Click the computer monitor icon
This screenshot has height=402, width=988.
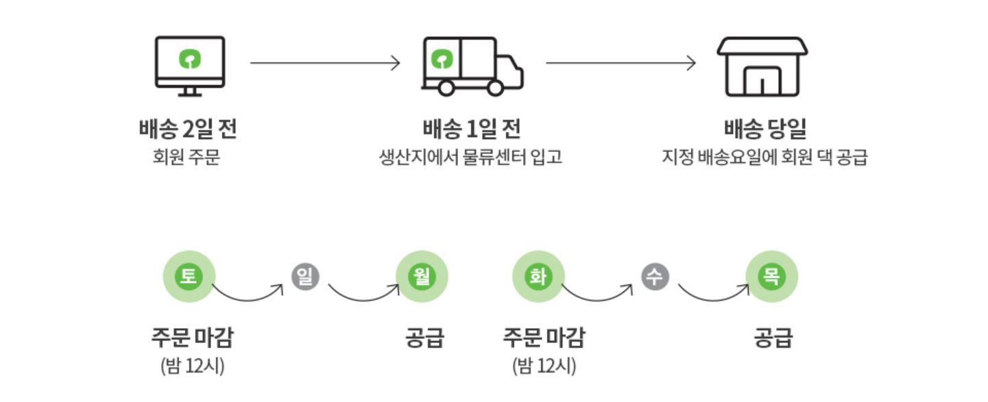pyautogui.click(x=189, y=65)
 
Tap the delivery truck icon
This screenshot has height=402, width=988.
pyautogui.click(x=472, y=66)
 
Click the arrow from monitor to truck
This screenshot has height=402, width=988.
pyautogui.click(x=324, y=64)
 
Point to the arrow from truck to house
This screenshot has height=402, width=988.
pyautogui.click(x=620, y=64)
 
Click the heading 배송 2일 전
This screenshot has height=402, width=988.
pyautogui.click(x=187, y=129)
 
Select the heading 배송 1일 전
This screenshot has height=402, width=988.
pyautogui.click(x=472, y=129)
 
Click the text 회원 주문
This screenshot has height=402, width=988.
pyautogui.click(x=187, y=158)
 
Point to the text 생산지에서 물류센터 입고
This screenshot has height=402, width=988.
pyautogui.click(x=471, y=158)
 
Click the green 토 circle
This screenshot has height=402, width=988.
pyautogui.click(x=189, y=277)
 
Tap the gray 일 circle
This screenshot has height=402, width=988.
pyautogui.click(x=305, y=277)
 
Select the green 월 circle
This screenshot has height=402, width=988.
pyautogui.click(x=422, y=277)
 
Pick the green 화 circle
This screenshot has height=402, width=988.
pyautogui.click(x=539, y=277)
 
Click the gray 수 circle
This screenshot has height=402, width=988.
pyautogui.click(x=655, y=277)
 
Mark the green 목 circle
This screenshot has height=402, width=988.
pyautogui.click(x=772, y=277)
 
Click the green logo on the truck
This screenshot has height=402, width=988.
pyautogui.click(x=441, y=60)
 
